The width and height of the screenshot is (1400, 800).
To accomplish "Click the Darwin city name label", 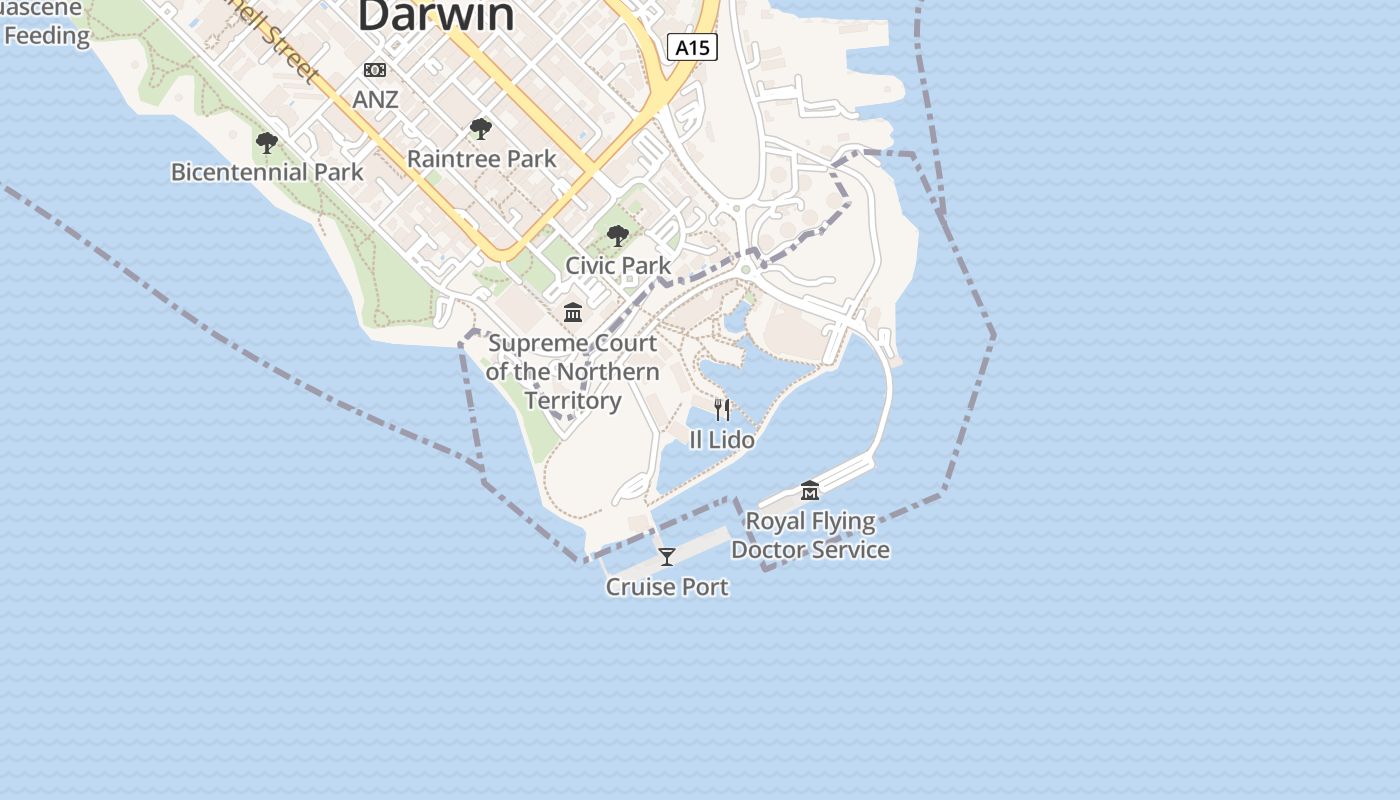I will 436,14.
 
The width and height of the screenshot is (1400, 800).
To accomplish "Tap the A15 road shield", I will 693,46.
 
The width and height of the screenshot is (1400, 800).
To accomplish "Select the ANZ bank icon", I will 375,70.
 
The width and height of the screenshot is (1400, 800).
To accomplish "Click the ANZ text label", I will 375,99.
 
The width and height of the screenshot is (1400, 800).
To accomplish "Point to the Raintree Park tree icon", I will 481,129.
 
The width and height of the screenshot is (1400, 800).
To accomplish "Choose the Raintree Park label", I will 481,158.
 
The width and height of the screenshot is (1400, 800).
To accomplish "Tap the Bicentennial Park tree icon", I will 266,143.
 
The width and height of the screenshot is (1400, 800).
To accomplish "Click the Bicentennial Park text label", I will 267,172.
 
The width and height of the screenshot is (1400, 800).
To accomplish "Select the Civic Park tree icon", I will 618,236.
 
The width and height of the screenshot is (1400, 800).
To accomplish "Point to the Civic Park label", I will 618,265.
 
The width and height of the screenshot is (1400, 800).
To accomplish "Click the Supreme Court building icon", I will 573,313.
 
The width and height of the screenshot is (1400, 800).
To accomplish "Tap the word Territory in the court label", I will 573,401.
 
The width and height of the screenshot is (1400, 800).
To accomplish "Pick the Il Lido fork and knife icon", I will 722,409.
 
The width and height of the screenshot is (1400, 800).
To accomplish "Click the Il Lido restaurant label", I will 722,439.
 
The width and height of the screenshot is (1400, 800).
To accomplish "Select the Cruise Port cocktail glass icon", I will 667,557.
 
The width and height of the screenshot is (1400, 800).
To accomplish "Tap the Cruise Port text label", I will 667,586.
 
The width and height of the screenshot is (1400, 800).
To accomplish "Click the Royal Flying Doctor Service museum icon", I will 810,490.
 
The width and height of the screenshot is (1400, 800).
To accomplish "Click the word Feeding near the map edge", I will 46,36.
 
